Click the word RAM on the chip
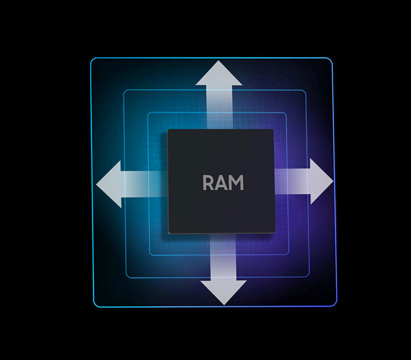[223, 183]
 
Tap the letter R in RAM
[209, 183]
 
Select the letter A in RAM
[221, 183]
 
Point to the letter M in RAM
[236, 183]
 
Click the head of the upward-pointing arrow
[219, 74]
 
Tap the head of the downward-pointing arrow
[223, 291]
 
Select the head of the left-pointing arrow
[110, 183]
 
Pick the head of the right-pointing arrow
[320, 181]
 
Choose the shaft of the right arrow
[291, 181]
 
